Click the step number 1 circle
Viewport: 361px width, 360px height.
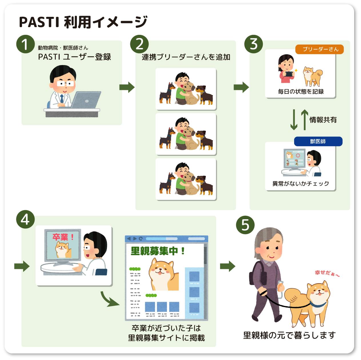click(x=25, y=44)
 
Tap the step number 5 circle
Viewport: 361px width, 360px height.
click(x=245, y=225)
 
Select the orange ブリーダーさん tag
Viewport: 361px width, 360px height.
click(x=319, y=49)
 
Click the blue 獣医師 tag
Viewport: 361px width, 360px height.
click(x=318, y=141)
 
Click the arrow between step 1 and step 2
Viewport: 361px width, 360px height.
click(x=127, y=87)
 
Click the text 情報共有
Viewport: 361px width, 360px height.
click(x=323, y=120)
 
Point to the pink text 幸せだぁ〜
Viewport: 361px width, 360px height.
click(x=327, y=273)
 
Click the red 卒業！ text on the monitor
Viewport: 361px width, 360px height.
click(x=63, y=237)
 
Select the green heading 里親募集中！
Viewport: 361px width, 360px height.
click(x=157, y=251)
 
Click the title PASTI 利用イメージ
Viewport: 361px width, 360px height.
click(x=83, y=22)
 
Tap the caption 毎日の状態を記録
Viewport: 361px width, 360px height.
click(x=301, y=92)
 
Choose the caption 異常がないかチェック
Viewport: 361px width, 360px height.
click(x=301, y=184)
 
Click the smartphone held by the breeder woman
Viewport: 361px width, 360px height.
click(x=289, y=74)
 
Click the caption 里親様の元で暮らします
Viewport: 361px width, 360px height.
click(x=289, y=335)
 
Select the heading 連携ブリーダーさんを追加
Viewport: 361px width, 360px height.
click(x=186, y=57)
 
